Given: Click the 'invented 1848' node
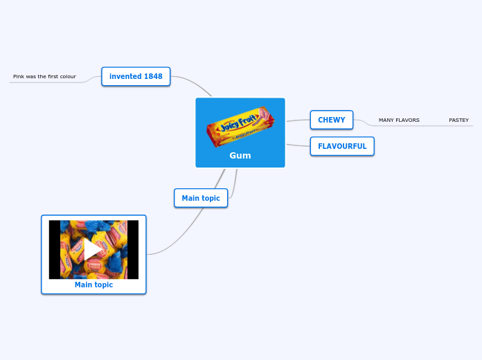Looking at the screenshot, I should pyautogui.click(x=136, y=76).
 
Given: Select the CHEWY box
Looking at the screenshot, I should pyautogui.click(x=331, y=120).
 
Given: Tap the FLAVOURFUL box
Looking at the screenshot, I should pyautogui.click(x=342, y=146).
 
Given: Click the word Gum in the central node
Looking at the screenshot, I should pyautogui.click(x=240, y=156).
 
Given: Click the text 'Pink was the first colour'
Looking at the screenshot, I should pyautogui.click(x=44, y=76).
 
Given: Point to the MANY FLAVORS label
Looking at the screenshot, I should pyautogui.click(x=399, y=120).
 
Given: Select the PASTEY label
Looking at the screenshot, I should pyautogui.click(x=458, y=120).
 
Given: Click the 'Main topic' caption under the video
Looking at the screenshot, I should pyautogui.click(x=93, y=285).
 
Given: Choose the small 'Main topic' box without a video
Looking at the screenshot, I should pyautogui.click(x=201, y=198).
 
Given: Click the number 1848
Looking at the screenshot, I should pyautogui.click(x=154, y=76).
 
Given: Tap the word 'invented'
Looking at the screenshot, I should pyautogui.click(x=125, y=76).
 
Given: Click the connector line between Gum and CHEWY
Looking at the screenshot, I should pyautogui.click(x=298, y=120).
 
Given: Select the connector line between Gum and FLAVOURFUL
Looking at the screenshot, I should pyautogui.click(x=298, y=145).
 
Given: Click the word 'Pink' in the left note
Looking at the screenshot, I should pyautogui.click(x=19, y=76).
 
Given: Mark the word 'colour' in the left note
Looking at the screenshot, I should pyautogui.click(x=67, y=76).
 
